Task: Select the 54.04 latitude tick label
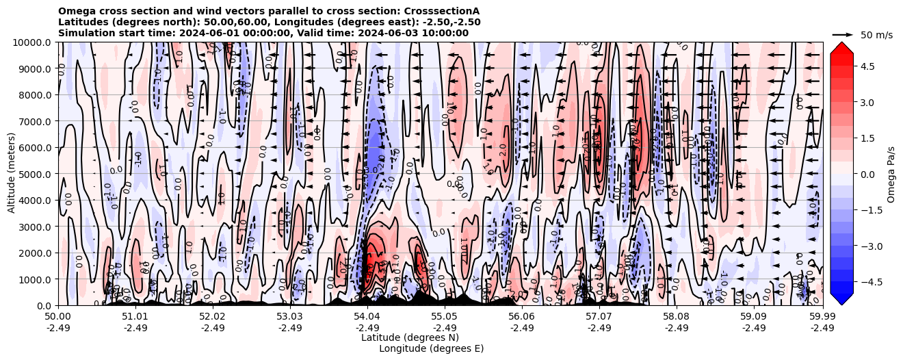tap(367, 317)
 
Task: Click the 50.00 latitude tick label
tap(58, 317)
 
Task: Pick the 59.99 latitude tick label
tap(822, 317)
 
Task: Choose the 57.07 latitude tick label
tap(599, 317)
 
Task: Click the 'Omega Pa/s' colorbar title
tap(891, 174)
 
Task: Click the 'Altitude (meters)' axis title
tap(12, 174)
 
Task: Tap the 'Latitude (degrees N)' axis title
tap(410, 337)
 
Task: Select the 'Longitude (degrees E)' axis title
tap(431, 348)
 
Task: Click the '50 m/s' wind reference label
tap(876, 35)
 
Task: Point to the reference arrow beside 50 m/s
tap(842, 34)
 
